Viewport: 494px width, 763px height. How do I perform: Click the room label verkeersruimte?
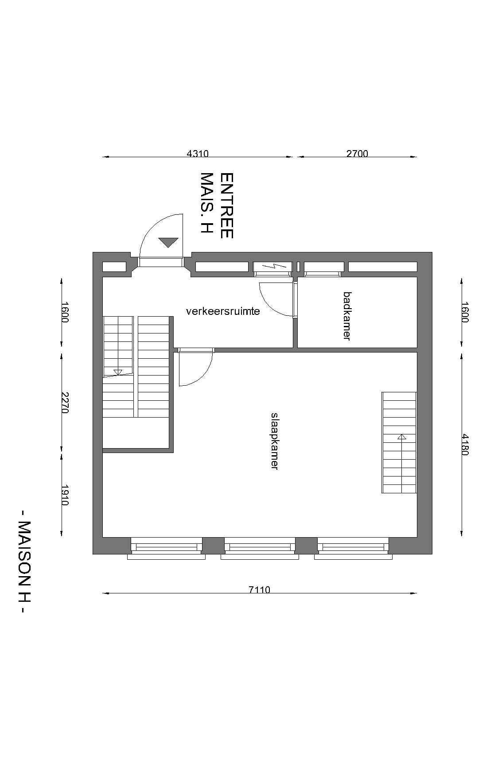(x=223, y=311)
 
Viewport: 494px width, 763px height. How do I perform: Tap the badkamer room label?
(x=347, y=315)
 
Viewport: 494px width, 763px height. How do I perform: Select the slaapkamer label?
(x=275, y=441)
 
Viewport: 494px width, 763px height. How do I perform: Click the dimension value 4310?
(x=198, y=154)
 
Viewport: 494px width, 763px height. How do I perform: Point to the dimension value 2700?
(x=357, y=154)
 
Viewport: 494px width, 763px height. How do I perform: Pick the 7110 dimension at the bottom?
(x=259, y=589)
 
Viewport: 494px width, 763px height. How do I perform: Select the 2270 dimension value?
(x=65, y=403)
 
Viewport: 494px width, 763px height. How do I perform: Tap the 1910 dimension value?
(x=65, y=495)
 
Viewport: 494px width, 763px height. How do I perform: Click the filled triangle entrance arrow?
(x=168, y=242)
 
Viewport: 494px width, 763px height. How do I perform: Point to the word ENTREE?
(x=226, y=205)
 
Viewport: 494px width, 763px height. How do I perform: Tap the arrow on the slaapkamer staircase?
(x=402, y=437)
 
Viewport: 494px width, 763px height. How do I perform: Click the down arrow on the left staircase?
(x=118, y=372)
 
